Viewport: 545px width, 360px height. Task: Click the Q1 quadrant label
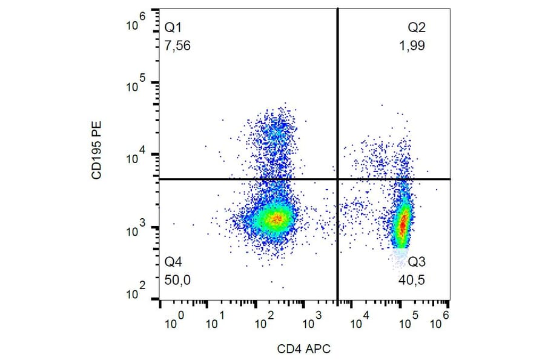(173, 28)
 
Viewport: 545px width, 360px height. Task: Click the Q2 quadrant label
(416, 28)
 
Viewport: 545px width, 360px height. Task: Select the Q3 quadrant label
(417, 262)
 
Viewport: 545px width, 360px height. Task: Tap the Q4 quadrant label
(173, 262)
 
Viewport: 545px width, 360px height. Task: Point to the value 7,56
(178, 46)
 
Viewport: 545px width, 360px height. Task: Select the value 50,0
(178, 281)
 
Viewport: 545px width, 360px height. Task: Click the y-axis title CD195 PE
(96, 152)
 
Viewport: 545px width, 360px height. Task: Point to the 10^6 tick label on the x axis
(443, 321)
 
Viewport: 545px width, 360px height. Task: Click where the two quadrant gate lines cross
(337, 179)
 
